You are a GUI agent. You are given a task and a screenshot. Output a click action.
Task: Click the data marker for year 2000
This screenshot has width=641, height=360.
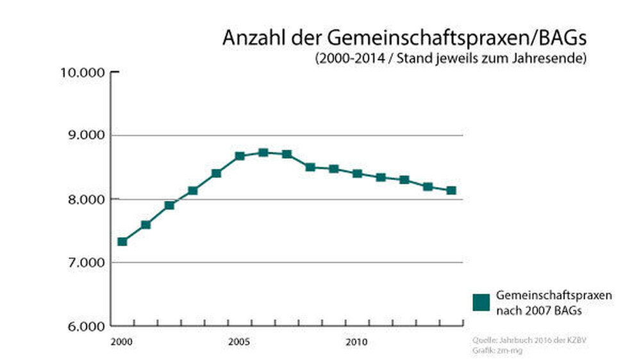tap(122, 241)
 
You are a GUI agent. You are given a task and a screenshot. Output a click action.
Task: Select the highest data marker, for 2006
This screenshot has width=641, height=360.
tap(263, 152)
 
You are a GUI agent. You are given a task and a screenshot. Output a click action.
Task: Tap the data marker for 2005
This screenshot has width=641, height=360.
tap(240, 156)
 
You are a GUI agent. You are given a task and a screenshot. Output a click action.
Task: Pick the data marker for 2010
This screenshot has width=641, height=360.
tap(357, 174)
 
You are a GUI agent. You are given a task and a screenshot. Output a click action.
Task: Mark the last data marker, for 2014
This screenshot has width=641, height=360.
tap(451, 190)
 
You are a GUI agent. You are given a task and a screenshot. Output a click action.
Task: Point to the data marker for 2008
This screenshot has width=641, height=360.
tap(310, 167)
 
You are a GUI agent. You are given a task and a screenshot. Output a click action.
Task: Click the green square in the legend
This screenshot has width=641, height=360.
tap(481, 302)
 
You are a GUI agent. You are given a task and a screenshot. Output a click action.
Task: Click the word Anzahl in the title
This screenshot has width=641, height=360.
tap(249, 38)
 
